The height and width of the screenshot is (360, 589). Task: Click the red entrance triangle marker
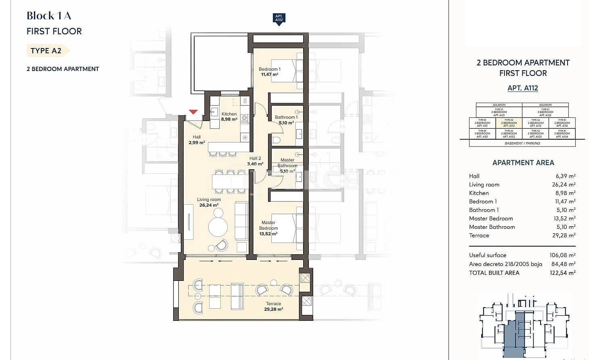tap(193, 112)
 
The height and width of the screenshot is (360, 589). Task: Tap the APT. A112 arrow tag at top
tap(279, 19)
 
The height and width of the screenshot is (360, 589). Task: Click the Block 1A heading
tap(49, 16)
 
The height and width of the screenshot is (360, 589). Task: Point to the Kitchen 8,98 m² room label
tap(229, 117)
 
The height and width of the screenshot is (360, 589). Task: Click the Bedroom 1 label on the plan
tap(269, 71)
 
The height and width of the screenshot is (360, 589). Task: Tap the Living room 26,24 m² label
tap(209, 202)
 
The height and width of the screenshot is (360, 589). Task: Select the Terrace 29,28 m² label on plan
tap(273, 306)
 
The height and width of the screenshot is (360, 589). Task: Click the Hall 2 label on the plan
tap(255, 161)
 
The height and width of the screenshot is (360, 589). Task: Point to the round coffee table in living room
tap(218, 227)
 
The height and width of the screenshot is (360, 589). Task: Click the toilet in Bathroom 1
tap(277, 140)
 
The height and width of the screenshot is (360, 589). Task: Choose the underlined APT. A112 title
tap(522, 88)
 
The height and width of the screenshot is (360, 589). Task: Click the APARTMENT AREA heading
tap(523, 163)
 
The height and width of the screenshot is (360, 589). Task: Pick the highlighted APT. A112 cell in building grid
tap(509, 123)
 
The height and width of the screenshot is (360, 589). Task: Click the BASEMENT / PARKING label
tap(522, 143)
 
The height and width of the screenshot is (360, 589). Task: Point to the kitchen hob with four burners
tap(244, 119)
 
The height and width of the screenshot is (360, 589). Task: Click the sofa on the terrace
tap(237, 296)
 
